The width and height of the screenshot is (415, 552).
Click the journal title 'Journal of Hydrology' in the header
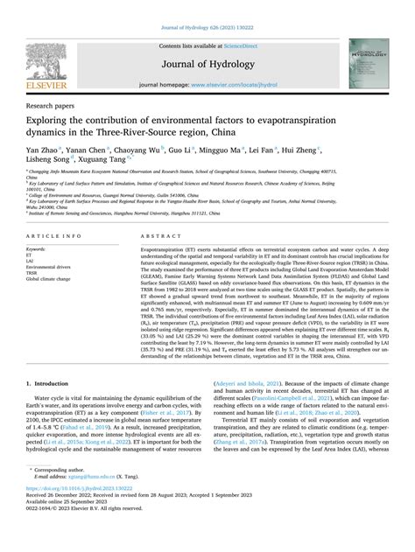[207, 58]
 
